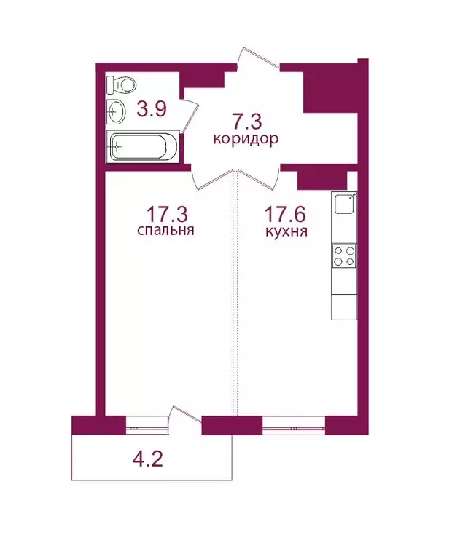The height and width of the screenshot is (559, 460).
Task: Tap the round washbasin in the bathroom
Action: (116, 112)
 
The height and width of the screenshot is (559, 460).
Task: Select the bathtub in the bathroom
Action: (143, 146)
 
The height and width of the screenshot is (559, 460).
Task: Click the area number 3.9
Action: (152, 110)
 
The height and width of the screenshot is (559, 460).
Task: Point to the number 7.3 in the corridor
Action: (246, 121)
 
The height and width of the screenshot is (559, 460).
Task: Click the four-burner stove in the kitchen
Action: (344, 255)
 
